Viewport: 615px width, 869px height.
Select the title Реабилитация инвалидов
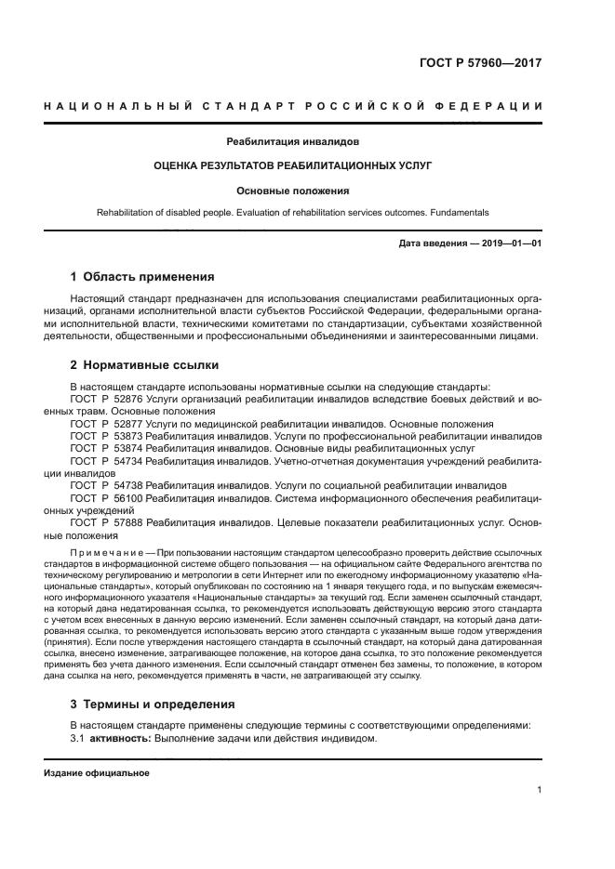coord(293,142)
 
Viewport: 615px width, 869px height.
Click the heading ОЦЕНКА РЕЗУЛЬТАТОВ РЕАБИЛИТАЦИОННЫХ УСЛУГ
coord(293,166)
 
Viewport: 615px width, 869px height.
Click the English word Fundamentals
coord(456,212)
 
